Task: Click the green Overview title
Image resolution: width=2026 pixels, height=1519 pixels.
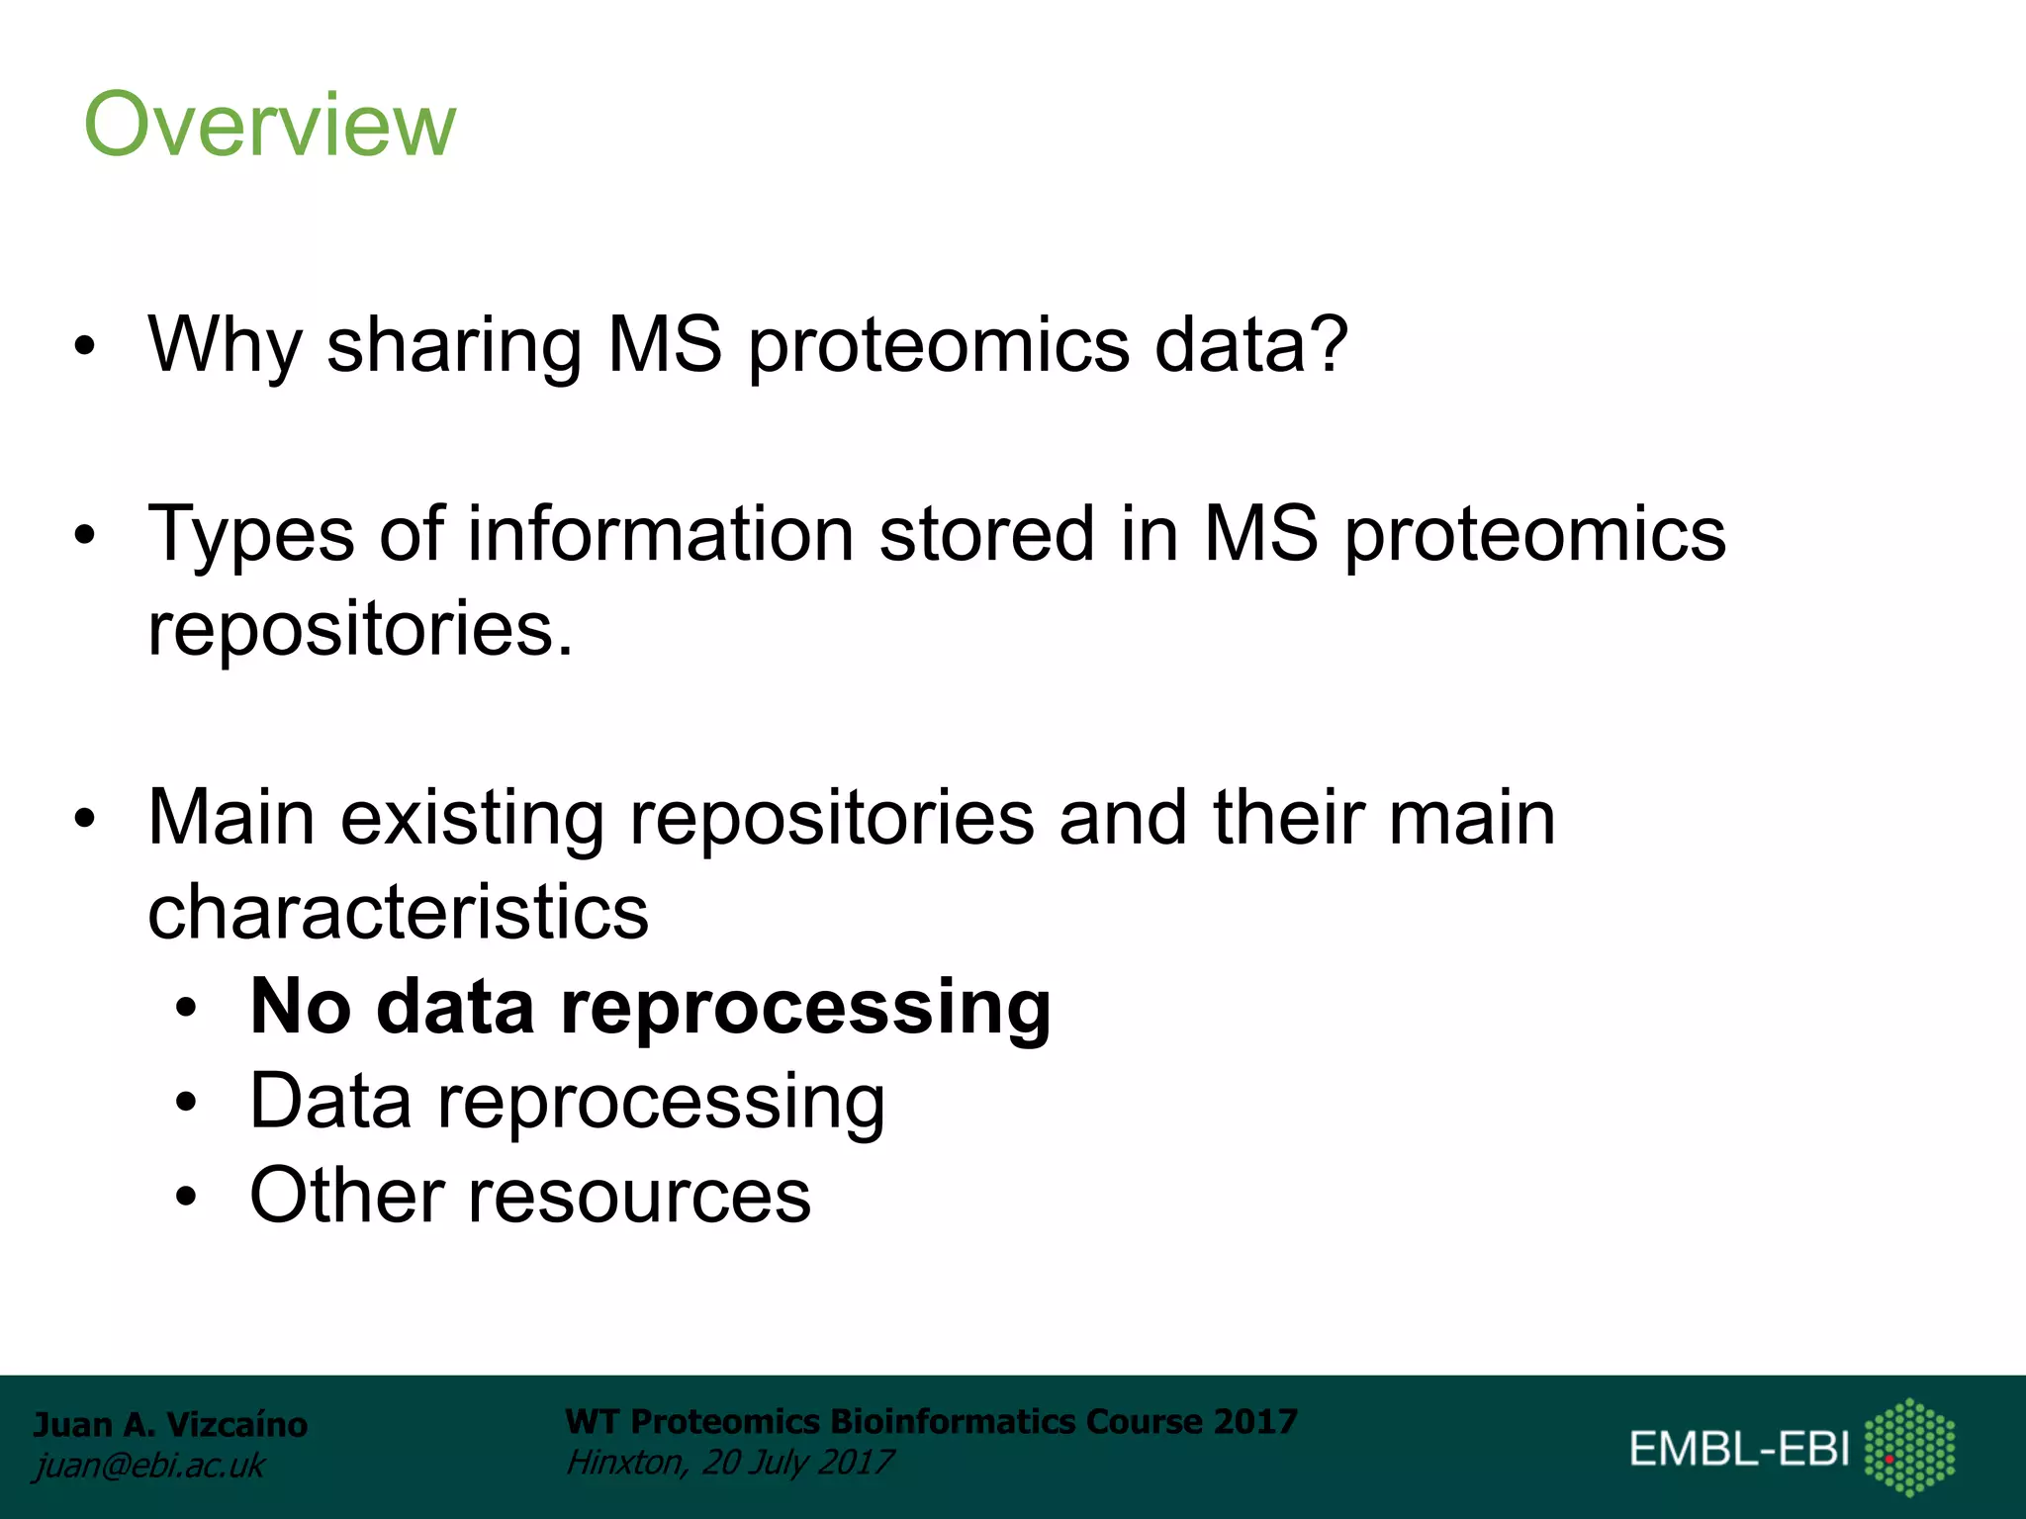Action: [269, 125]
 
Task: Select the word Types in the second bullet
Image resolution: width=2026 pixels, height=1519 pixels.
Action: [251, 536]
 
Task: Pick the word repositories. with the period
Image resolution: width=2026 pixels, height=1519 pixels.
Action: [360, 629]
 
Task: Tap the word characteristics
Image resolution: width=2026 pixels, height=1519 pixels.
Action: [398, 912]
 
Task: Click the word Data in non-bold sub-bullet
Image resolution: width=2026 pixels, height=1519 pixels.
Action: [330, 1101]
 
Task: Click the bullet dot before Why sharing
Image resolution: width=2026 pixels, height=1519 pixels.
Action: [86, 346]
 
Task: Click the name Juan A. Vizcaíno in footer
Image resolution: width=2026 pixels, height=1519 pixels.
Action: [170, 1424]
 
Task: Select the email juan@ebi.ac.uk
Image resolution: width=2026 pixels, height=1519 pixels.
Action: [149, 1465]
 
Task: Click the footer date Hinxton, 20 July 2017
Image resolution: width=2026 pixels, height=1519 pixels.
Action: [729, 1462]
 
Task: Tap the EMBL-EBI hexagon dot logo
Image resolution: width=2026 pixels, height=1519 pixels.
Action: [1909, 1447]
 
